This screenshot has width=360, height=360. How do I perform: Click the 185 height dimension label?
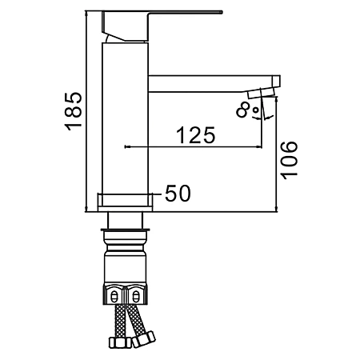[x=73, y=111]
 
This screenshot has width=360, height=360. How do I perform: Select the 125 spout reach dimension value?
[x=196, y=135]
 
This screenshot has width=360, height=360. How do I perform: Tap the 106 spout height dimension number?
[x=289, y=160]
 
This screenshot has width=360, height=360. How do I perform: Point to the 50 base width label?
[x=178, y=193]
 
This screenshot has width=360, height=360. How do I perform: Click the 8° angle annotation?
[x=247, y=110]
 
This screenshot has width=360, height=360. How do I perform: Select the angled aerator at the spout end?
[x=261, y=94]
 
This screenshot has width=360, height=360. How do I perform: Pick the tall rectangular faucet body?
[x=125, y=118]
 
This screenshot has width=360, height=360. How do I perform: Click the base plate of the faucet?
[x=125, y=202]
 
